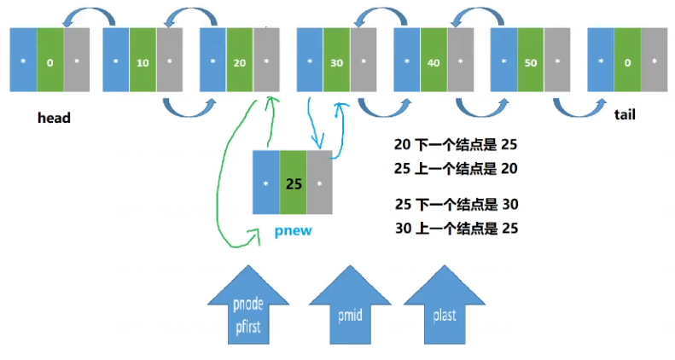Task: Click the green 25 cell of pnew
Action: coord(292,183)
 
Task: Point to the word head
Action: coord(53,118)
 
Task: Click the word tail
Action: coord(625,113)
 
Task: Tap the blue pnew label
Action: coord(292,230)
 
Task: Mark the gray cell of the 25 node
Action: coord(318,183)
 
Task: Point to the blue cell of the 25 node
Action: coord(266,183)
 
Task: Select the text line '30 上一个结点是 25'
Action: coord(456,228)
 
